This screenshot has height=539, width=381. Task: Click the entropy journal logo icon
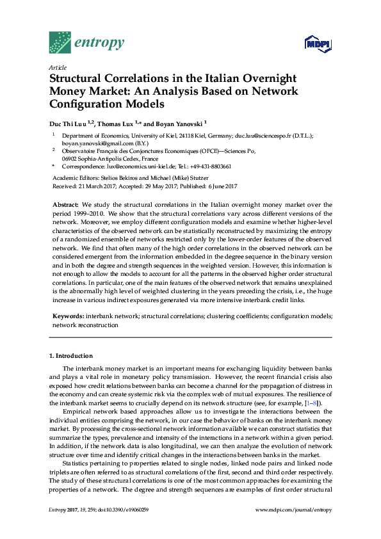click(x=61, y=42)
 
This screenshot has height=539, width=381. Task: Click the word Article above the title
click(x=57, y=67)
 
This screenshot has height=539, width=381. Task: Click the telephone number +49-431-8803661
click(x=209, y=166)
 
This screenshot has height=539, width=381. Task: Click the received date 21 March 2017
click(x=98, y=186)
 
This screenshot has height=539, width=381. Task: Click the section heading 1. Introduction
click(x=71, y=355)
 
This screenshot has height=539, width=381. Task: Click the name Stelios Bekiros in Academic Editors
click(x=117, y=177)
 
